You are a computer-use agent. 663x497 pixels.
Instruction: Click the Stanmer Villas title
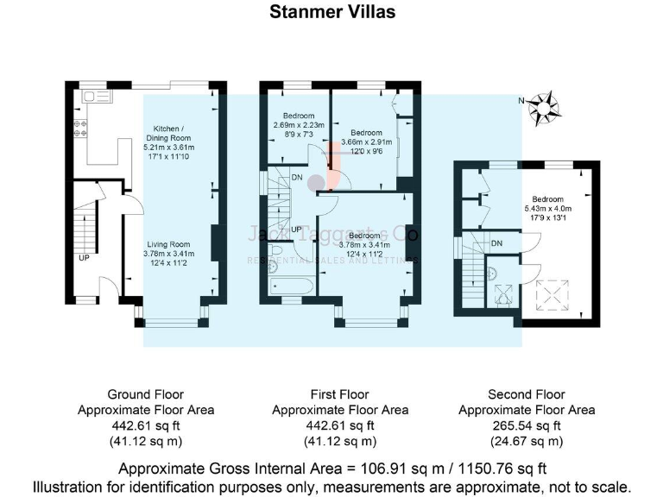331,12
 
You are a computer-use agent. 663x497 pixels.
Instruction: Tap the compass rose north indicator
544,106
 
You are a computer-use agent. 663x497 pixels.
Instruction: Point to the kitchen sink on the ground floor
90,98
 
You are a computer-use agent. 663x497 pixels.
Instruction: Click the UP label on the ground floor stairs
83,258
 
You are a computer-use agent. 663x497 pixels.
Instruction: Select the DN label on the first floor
297,178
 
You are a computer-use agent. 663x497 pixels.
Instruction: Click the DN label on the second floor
496,244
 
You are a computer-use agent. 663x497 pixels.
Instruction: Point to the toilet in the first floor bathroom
276,252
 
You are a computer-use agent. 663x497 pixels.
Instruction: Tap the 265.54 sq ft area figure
526,425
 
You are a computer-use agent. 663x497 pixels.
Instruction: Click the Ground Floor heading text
146,394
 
